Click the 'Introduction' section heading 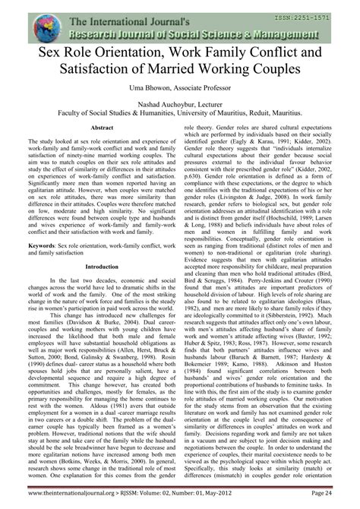click(91, 267)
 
